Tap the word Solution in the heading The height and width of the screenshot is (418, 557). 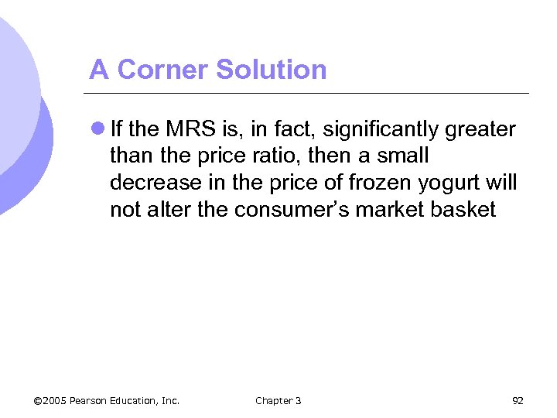tap(272, 70)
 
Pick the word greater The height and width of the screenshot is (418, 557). tap(480, 129)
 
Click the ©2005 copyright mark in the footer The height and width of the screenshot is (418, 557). tap(50, 400)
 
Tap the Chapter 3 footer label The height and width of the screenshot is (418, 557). tap(278, 400)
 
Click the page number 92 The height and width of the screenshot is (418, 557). tap(518, 400)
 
